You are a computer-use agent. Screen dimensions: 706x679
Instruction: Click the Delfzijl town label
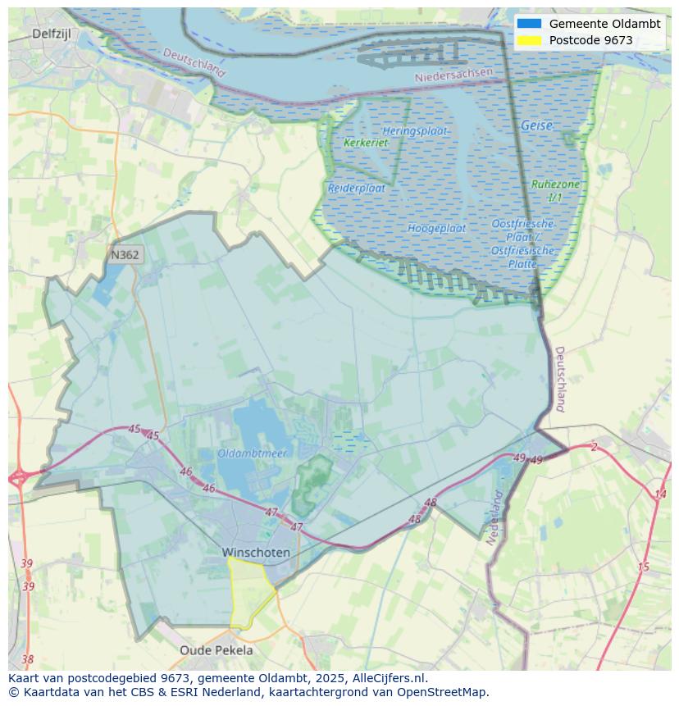(54, 34)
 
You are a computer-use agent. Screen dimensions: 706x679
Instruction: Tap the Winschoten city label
(256, 553)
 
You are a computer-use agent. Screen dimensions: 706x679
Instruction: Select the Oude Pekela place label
(216, 650)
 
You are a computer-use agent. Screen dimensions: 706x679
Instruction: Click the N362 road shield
(125, 255)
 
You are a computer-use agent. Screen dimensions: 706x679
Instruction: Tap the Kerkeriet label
(366, 143)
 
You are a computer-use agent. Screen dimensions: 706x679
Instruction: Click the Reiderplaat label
(357, 188)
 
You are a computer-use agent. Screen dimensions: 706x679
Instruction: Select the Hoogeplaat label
(436, 228)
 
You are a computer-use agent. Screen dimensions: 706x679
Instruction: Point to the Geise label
(536, 125)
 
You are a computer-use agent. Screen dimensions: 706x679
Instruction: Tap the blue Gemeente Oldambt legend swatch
(530, 24)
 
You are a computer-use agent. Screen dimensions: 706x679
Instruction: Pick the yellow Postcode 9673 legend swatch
(530, 40)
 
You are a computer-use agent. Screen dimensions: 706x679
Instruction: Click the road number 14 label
(660, 494)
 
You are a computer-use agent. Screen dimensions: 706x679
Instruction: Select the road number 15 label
(643, 567)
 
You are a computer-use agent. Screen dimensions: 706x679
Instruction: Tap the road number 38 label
(28, 659)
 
